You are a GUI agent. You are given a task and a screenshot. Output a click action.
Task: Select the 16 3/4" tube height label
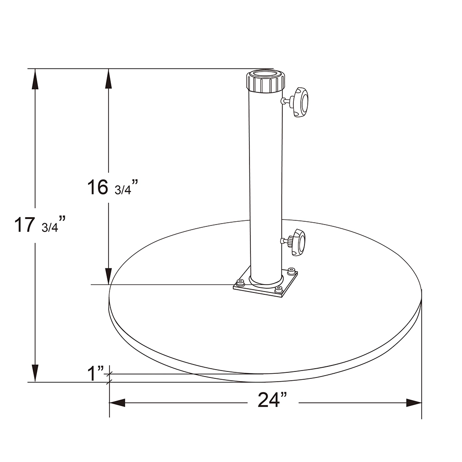[x=112, y=187]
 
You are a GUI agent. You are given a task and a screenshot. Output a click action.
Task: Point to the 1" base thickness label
[x=96, y=373]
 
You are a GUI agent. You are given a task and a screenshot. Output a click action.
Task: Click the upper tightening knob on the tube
[x=299, y=102]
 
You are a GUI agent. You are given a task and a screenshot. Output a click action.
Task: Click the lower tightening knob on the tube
[x=298, y=242]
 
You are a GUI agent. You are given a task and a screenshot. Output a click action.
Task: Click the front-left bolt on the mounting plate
[x=240, y=283]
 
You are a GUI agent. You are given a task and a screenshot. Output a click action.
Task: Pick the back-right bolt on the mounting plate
[x=291, y=271]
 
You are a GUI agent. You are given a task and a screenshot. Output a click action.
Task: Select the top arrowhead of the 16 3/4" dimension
[x=109, y=79]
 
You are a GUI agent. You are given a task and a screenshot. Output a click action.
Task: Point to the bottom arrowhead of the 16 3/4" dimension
[x=109, y=275]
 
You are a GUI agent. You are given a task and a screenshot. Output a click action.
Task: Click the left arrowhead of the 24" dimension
[x=117, y=403]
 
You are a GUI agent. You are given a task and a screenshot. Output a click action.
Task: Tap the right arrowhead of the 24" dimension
[x=414, y=403]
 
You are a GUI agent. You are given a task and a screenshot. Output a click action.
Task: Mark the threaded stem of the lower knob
[x=285, y=240]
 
